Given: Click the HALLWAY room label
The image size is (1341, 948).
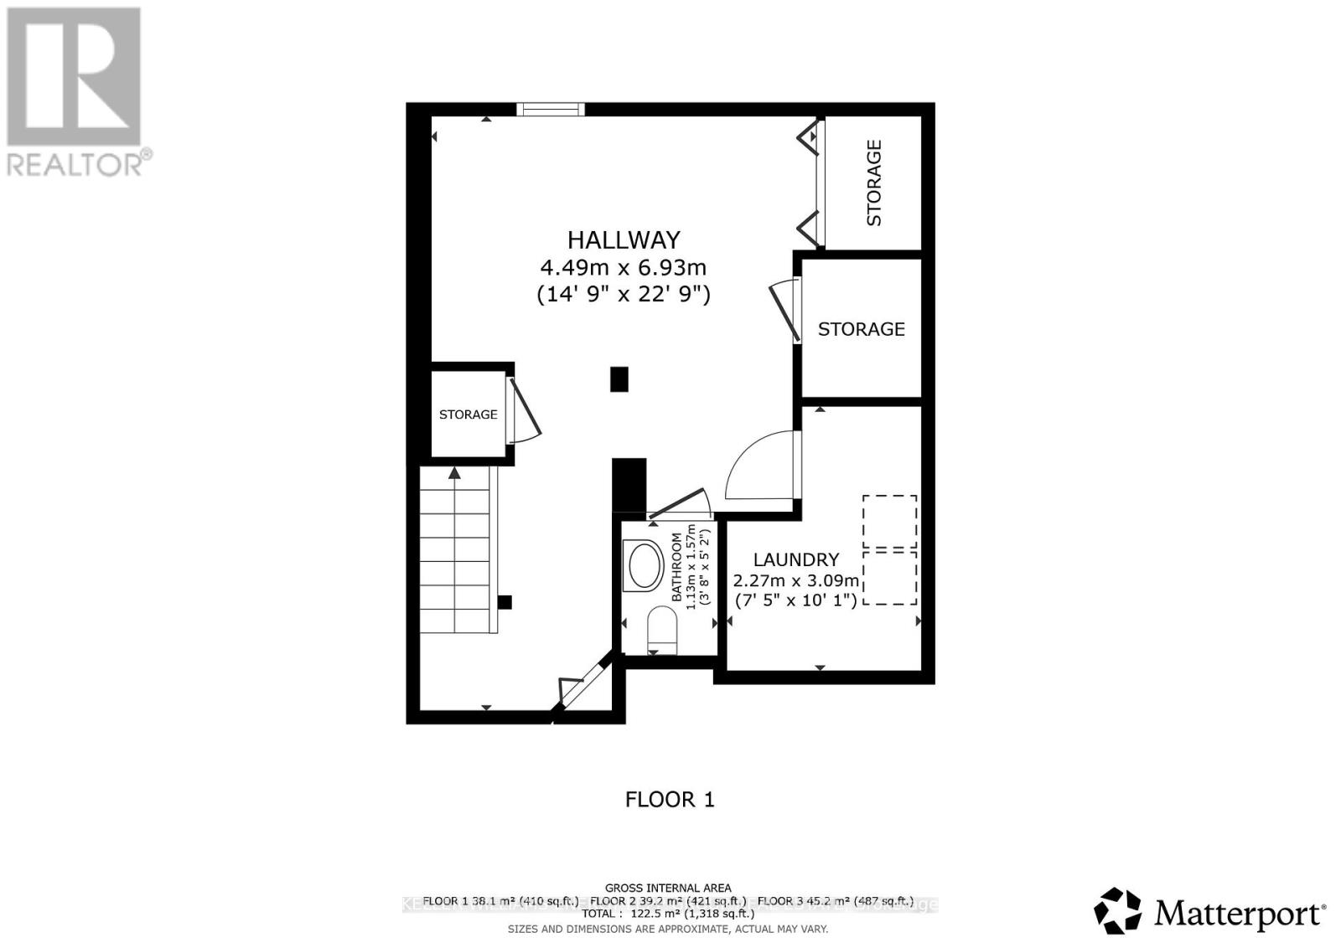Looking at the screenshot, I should point(624,240).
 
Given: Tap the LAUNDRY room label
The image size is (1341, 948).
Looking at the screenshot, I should point(796,559).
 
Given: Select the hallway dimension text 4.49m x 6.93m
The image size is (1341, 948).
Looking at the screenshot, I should point(624,268).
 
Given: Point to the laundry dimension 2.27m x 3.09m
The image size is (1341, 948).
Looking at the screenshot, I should point(796,580).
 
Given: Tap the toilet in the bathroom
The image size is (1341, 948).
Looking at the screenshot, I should point(662,630).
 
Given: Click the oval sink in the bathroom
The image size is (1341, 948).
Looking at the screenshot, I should point(645,564).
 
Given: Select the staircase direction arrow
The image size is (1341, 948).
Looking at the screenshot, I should point(454,474).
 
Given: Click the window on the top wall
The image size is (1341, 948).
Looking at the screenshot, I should point(550,109).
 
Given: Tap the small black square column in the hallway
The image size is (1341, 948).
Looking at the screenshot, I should point(619,379).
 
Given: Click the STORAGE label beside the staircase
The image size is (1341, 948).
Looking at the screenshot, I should point(468,414).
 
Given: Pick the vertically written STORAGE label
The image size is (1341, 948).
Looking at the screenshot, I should point(874,183).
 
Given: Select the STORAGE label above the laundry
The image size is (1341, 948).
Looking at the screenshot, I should point(862,329).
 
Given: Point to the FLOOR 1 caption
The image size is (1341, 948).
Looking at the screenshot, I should point(670,800).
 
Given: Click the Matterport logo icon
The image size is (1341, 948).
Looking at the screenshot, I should point(1117,910).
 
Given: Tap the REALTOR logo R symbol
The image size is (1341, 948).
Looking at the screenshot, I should point(74,75).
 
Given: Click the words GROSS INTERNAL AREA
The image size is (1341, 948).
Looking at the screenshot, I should point(668,888).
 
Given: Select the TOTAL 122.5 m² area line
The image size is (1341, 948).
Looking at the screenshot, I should point(668,914).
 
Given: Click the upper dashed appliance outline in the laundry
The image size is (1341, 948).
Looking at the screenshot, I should point(890,521).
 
